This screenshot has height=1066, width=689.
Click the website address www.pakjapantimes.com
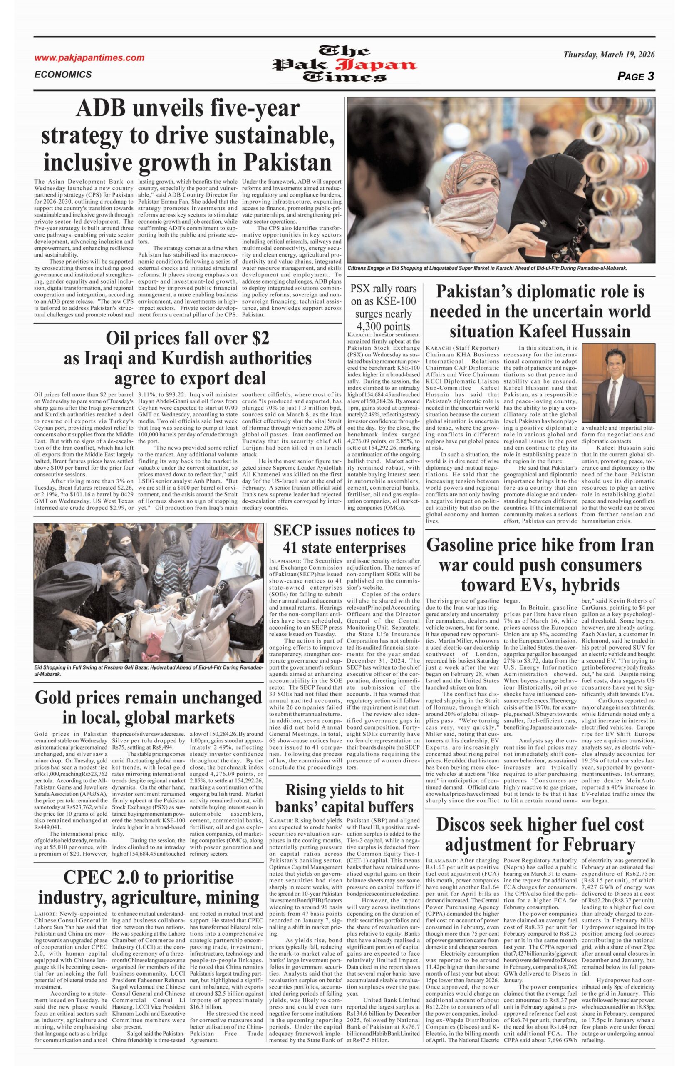tap(89, 58)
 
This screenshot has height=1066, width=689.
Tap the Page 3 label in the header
tap(635, 76)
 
